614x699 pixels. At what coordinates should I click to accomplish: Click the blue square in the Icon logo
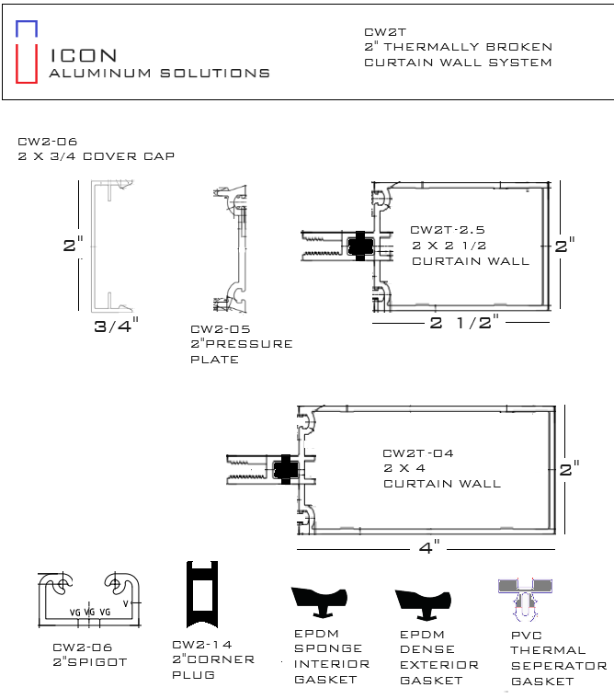tap(27, 22)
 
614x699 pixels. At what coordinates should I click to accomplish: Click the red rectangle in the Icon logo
tap(17, 63)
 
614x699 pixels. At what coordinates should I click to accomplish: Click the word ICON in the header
tap(84, 56)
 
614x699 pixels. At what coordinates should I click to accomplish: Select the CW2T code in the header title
tap(385, 32)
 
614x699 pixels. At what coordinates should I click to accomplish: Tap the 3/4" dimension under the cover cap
tap(117, 326)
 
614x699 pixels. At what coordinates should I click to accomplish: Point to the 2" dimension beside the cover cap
tap(74, 245)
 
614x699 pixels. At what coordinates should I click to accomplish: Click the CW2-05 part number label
tap(220, 329)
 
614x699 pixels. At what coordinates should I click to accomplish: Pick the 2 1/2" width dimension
tap(464, 322)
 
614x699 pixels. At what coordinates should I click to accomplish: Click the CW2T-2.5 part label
tap(448, 230)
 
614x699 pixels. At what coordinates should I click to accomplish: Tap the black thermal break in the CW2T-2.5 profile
tap(360, 246)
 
